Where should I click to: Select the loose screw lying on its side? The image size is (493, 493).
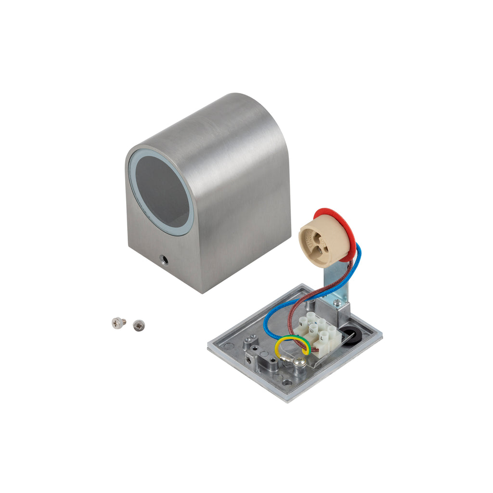coord(118,322)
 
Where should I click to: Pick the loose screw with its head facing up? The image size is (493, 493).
coord(139,325)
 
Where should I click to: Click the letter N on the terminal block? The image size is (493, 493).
coord(302,324)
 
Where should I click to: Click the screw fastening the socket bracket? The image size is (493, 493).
coord(337,302)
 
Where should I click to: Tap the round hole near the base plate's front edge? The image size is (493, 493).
coord(287,382)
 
